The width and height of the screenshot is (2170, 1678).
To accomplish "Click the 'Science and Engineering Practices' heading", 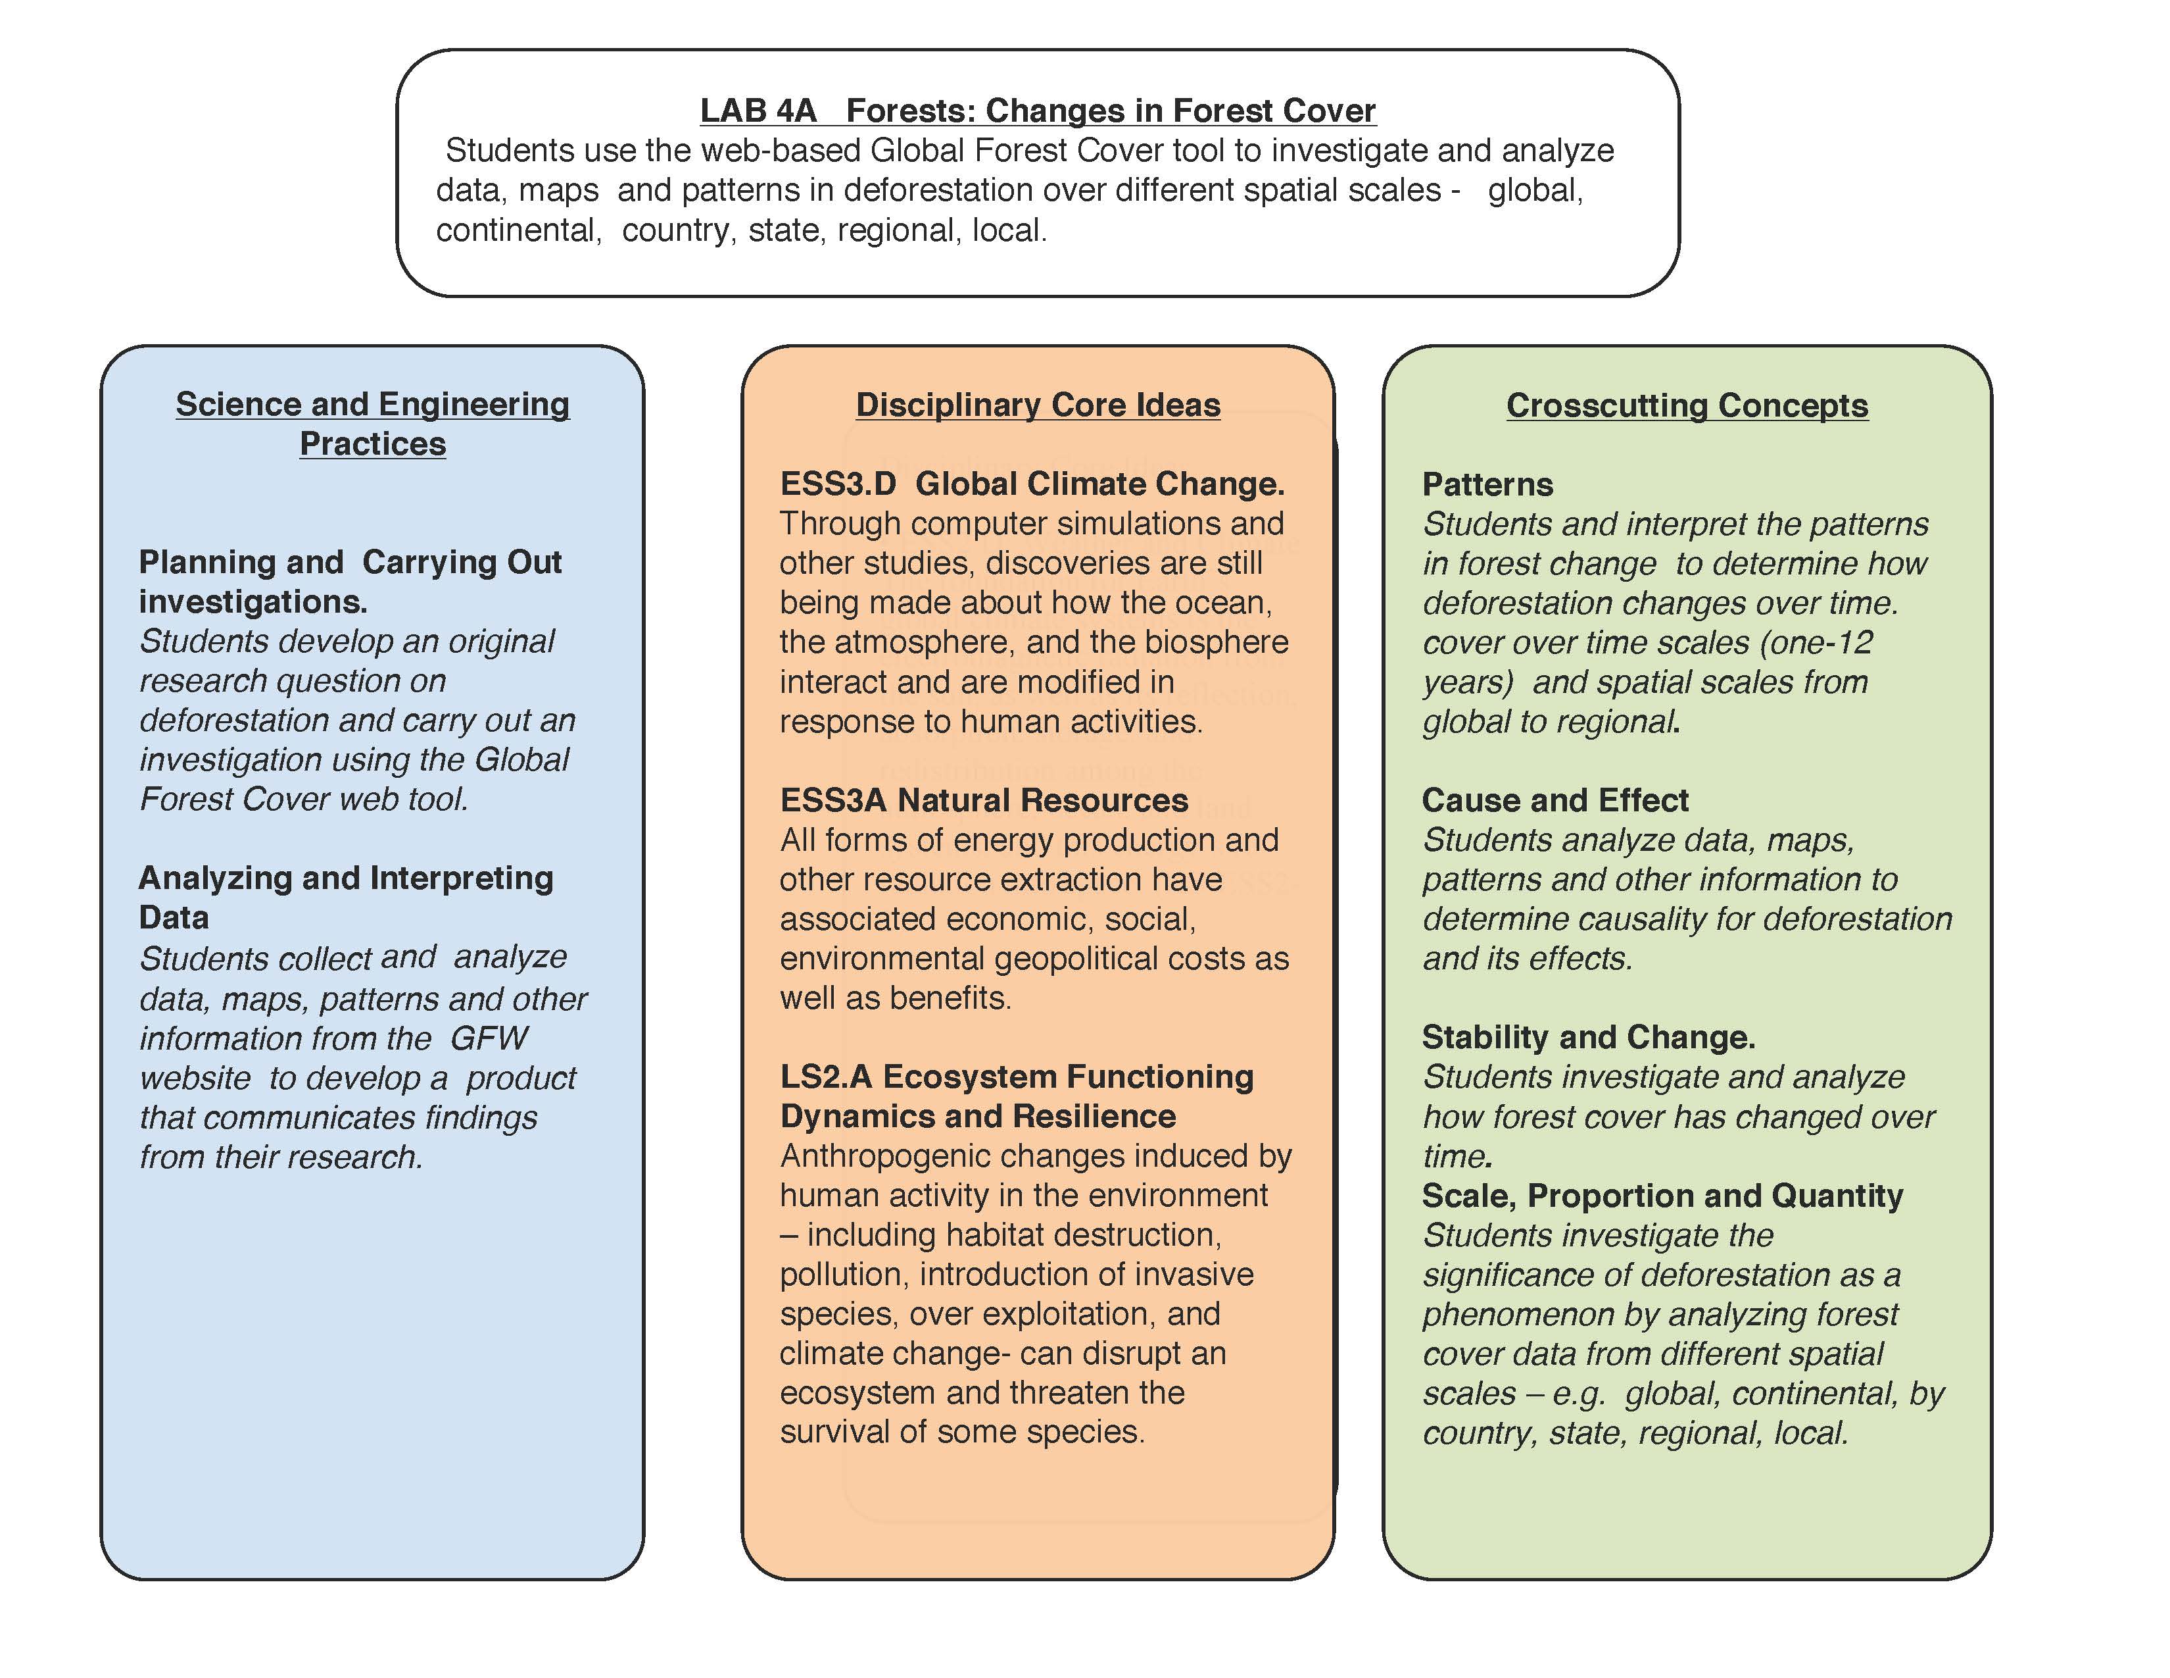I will coord(373,424).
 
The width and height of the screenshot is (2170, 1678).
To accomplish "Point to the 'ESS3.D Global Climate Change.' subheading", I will coord(1031,484).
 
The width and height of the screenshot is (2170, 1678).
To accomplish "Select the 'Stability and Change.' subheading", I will coord(1588,1037).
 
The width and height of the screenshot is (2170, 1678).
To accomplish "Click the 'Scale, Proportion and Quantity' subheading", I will coord(1661,1195).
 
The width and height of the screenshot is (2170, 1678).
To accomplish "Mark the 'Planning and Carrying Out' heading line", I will coord(350,563).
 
